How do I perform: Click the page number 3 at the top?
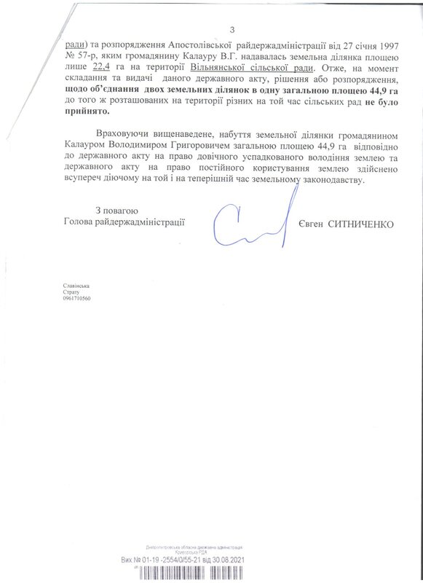[232, 28]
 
